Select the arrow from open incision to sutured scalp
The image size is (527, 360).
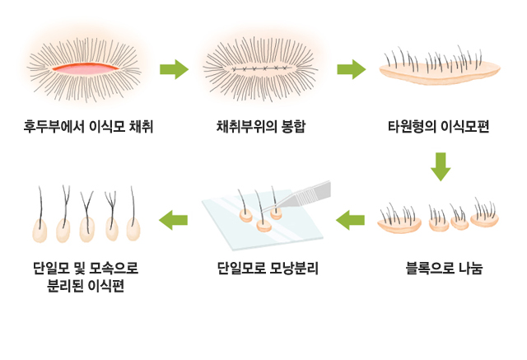click(x=174, y=69)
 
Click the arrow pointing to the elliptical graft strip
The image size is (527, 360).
click(x=351, y=69)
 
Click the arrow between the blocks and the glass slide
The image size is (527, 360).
click(x=351, y=219)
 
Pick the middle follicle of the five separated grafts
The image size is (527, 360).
click(x=86, y=229)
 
